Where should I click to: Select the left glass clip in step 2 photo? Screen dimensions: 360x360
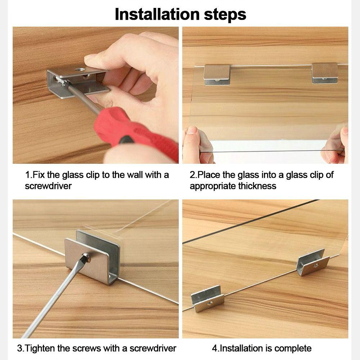[x=217, y=74]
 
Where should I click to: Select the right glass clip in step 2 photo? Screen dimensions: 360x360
[x=325, y=73]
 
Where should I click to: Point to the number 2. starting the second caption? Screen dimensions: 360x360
[x=193, y=175]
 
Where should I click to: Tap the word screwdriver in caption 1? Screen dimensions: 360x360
[x=48, y=186]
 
